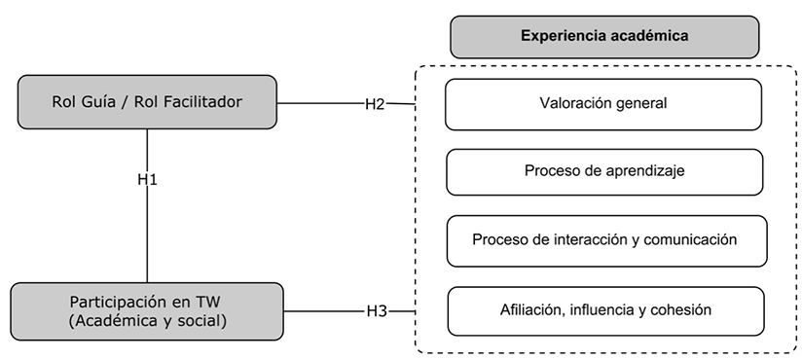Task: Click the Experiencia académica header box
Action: [603, 36]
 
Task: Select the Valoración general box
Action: [603, 103]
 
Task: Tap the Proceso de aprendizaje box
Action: [603, 171]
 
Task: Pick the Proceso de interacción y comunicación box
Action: [606, 240]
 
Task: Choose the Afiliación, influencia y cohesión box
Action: [605, 310]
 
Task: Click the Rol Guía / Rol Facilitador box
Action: [147, 100]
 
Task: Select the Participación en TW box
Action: [147, 311]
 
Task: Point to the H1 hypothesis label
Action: [147, 180]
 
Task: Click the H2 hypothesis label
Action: [376, 103]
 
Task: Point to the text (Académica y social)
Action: [147, 321]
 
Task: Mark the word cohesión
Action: [685, 310]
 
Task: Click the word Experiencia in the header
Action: [558, 36]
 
